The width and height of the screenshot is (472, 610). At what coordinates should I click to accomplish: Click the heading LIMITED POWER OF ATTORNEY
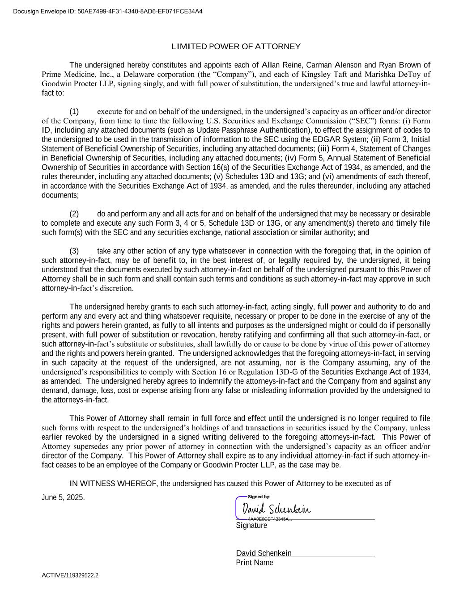click(236, 46)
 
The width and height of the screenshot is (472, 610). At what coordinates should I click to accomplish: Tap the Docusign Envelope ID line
click(108, 11)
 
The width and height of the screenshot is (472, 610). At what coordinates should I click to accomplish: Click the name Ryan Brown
click(400, 65)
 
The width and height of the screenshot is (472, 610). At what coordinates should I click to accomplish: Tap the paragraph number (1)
click(74, 112)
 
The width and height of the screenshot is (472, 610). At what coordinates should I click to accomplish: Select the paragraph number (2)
click(74, 214)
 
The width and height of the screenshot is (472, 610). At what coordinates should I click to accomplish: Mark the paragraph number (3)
click(74, 251)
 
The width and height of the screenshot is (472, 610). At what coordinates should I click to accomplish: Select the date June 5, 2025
click(63, 498)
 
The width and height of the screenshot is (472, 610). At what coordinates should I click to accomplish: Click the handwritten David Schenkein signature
click(276, 509)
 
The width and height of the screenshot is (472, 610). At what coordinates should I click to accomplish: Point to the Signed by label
click(259, 497)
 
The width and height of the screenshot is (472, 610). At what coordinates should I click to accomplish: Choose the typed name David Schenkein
click(264, 553)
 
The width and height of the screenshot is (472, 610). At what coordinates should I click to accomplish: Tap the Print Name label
click(254, 563)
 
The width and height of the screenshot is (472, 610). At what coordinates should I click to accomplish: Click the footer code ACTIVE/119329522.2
click(70, 576)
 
